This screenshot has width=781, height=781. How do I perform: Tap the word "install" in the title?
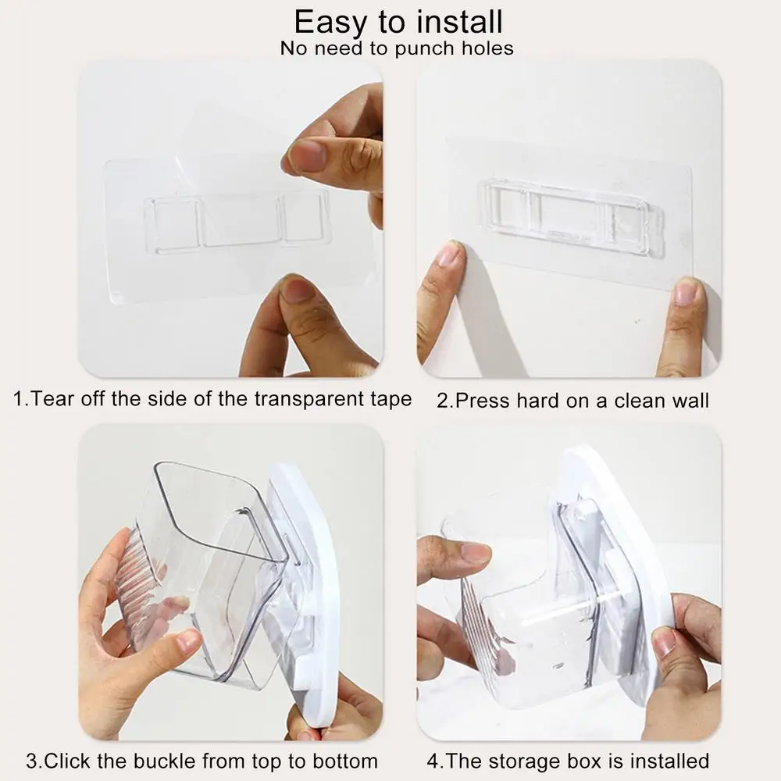click(460, 22)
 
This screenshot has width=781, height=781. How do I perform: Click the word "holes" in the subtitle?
click(487, 48)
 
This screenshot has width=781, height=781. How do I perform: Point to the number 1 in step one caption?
click(18, 399)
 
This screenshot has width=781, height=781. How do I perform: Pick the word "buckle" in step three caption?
click(165, 761)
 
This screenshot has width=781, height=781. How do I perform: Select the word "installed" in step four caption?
click(669, 761)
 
